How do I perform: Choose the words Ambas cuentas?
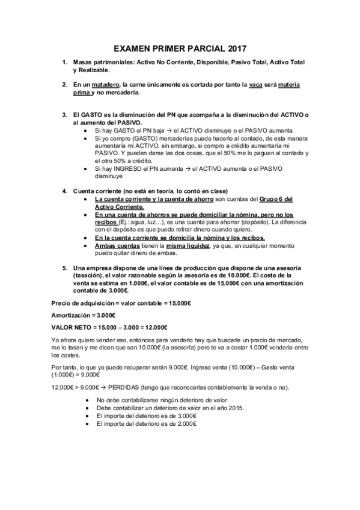[114, 246]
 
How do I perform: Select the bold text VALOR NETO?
[70, 327]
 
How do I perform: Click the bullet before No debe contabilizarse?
[88, 400]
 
